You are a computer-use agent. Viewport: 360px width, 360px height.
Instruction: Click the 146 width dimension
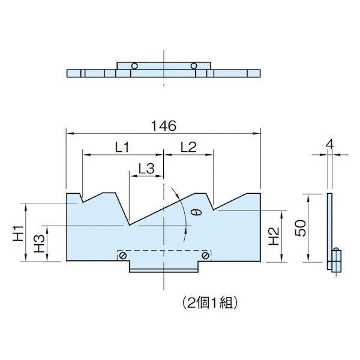(x=164, y=126)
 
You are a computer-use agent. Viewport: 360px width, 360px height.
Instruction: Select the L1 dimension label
(x=122, y=148)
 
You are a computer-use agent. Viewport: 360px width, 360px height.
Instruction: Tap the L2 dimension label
(x=188, y=147)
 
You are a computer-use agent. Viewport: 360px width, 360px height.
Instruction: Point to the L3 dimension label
(x=146, y=169)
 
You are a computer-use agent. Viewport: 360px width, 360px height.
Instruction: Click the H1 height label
(x=18, y=233)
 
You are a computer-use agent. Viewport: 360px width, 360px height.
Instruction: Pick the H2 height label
(x=274, y=236)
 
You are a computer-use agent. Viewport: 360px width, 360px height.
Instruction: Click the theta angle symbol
(x=199, y=212)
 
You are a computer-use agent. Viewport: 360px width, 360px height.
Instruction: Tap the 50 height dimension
(x=301, y=228)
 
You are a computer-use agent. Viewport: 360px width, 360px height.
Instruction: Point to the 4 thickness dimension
(x=329, y=145)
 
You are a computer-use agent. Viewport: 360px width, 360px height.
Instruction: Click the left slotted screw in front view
(x=123, y=256)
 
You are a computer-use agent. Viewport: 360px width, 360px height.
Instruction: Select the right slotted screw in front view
(x=205, y=255)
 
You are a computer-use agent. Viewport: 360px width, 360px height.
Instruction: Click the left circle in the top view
(x=134, y=66)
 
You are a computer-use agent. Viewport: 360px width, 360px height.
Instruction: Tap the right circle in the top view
(x=194, y=66)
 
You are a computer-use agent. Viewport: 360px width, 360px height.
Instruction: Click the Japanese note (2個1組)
(x=209, y=304)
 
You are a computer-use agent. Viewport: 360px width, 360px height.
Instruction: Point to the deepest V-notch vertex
(x=129, y=225)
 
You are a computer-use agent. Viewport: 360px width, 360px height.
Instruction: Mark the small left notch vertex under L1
(x=83, y=203)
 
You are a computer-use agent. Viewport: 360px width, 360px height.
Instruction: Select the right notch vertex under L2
(x=214, y=209)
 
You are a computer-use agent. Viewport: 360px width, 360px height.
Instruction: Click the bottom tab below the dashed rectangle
(x=164, y=267)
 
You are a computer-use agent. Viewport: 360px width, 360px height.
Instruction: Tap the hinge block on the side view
(x=337, y=261)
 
